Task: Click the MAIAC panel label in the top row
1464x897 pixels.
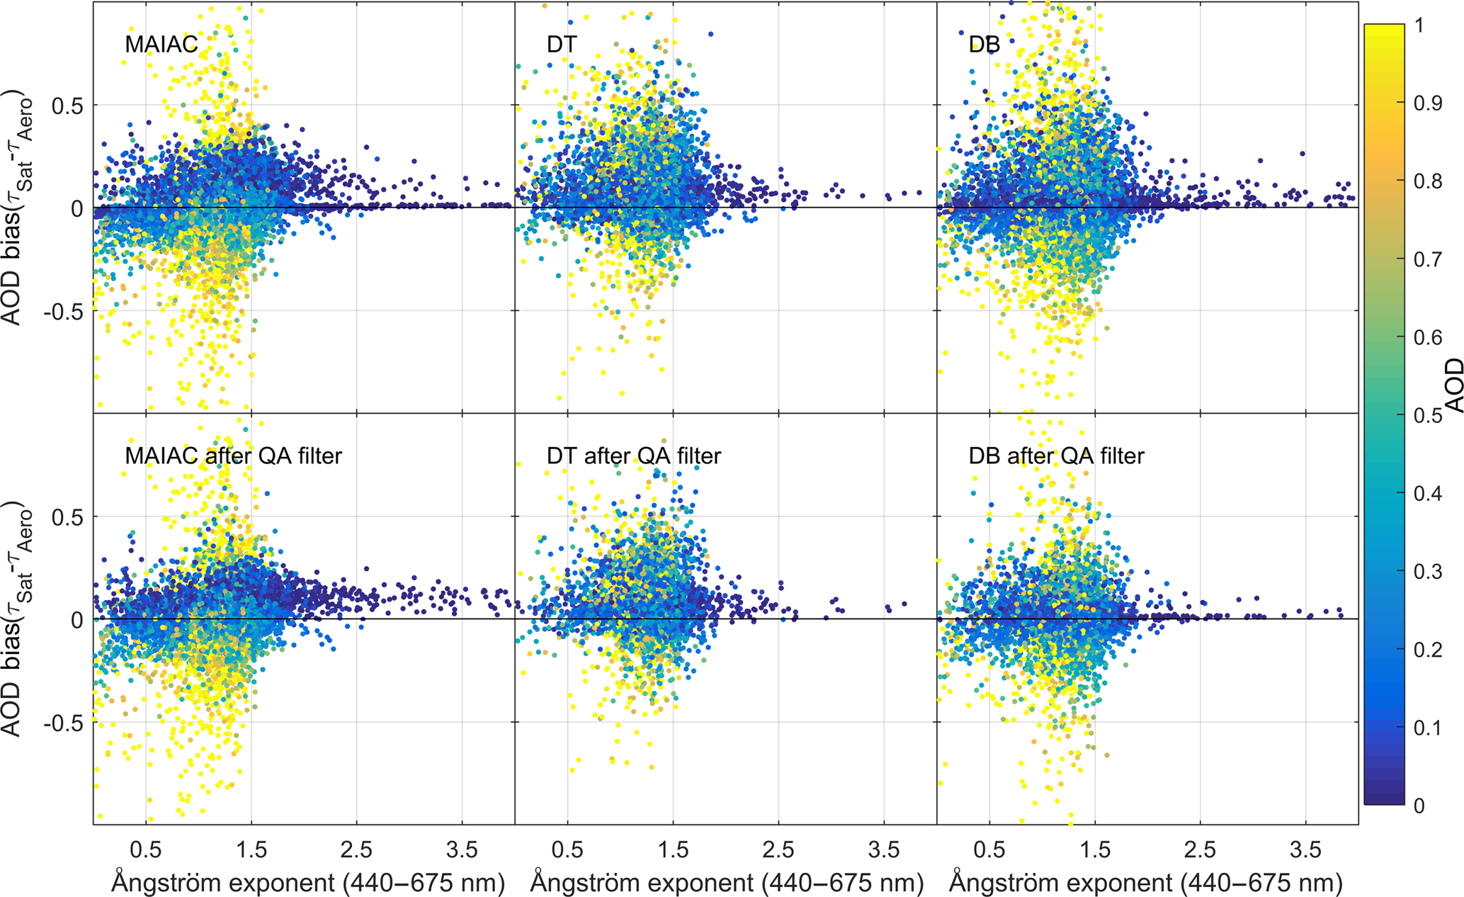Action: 161,44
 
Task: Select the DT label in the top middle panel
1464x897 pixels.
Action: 562,44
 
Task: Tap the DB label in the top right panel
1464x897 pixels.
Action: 984,44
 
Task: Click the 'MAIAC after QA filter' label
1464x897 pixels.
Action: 233,456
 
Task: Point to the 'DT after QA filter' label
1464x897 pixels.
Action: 633,456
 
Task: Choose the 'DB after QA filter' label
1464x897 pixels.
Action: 1056,456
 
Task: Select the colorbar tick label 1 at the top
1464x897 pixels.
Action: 1419,26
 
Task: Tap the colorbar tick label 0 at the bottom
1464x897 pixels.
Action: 1419,806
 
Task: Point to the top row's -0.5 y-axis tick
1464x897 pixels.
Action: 62,311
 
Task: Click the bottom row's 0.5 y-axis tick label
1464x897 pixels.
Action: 67,517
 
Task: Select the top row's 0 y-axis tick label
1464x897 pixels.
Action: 76,208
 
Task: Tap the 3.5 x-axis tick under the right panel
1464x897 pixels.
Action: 1305,849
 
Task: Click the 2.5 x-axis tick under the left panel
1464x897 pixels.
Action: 356,849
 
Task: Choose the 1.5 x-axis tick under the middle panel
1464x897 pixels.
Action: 673,849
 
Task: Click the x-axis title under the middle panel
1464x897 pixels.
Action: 727,883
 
